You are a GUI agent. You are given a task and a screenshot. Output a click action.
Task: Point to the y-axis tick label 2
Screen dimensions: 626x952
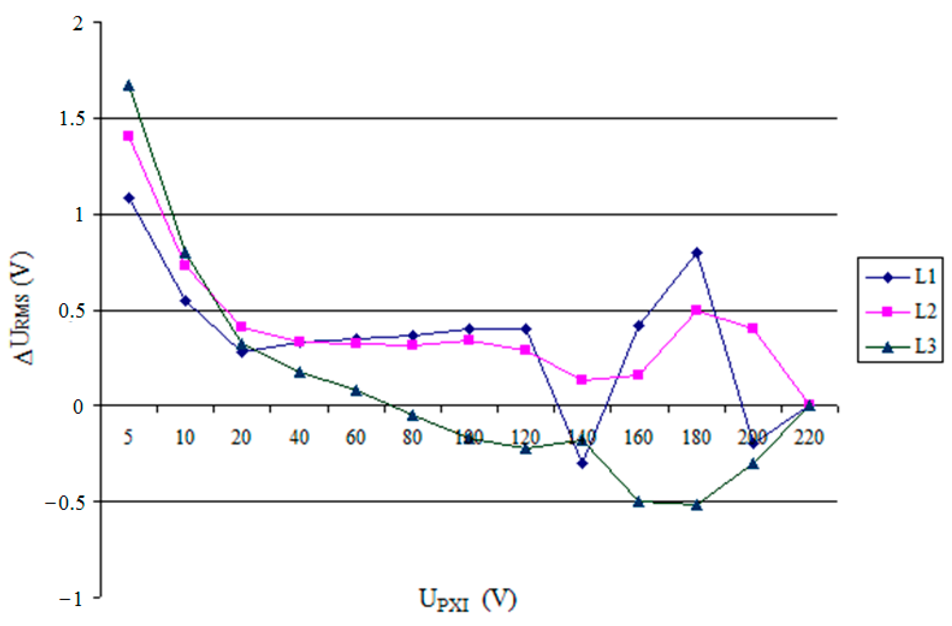[x=78, y=23]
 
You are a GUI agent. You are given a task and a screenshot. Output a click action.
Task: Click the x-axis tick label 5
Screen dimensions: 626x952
[x=128, y=437]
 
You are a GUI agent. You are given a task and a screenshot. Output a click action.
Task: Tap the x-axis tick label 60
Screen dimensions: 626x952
[x=355, y=437]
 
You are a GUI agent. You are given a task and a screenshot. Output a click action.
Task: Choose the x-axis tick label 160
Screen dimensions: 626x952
[x=639, y=437]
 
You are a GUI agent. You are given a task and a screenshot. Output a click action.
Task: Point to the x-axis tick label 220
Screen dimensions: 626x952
[x=809, y=437]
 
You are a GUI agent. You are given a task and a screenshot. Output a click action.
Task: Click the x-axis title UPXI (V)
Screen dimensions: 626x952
[x=467, y=600]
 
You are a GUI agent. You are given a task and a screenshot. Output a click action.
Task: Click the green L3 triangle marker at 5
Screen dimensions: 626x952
[x=129, y=86]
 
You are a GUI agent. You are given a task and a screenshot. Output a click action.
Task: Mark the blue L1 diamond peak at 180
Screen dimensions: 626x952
[x=697, y=253]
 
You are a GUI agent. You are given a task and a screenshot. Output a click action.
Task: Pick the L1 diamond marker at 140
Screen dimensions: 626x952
[x=582, y=463]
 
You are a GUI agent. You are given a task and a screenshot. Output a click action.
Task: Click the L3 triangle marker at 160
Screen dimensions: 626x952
[x=639, y=501]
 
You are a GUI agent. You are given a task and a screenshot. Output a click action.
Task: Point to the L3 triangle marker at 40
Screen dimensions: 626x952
[x=300, y=372]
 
